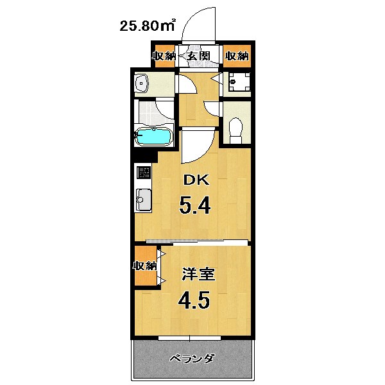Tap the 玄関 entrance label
click(200, 56)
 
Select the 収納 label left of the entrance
click(164, 56)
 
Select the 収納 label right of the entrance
click(236, 56)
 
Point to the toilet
click(235, 128)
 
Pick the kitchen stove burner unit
click(144, 173)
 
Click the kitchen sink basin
click(142, 201)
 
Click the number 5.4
click(195, 206)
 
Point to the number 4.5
click(193, 301)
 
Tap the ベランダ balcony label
click(192, 358)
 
